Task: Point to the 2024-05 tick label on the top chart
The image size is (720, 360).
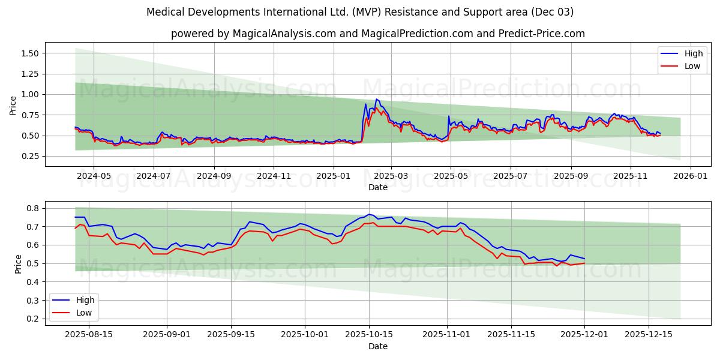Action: (94, 176)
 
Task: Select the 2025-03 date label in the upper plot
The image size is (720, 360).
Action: (391, 176)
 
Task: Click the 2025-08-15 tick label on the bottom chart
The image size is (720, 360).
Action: (88, 335)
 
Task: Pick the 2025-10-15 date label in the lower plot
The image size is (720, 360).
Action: (368, 335)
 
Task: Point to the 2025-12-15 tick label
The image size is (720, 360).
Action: (649, 335)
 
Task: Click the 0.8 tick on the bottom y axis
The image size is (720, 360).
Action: (34, 208)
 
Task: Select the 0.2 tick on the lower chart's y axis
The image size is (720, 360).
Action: (34, 319)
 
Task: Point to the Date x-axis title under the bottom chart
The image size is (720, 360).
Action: (378, 346)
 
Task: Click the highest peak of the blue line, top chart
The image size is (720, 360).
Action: (377, 99)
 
